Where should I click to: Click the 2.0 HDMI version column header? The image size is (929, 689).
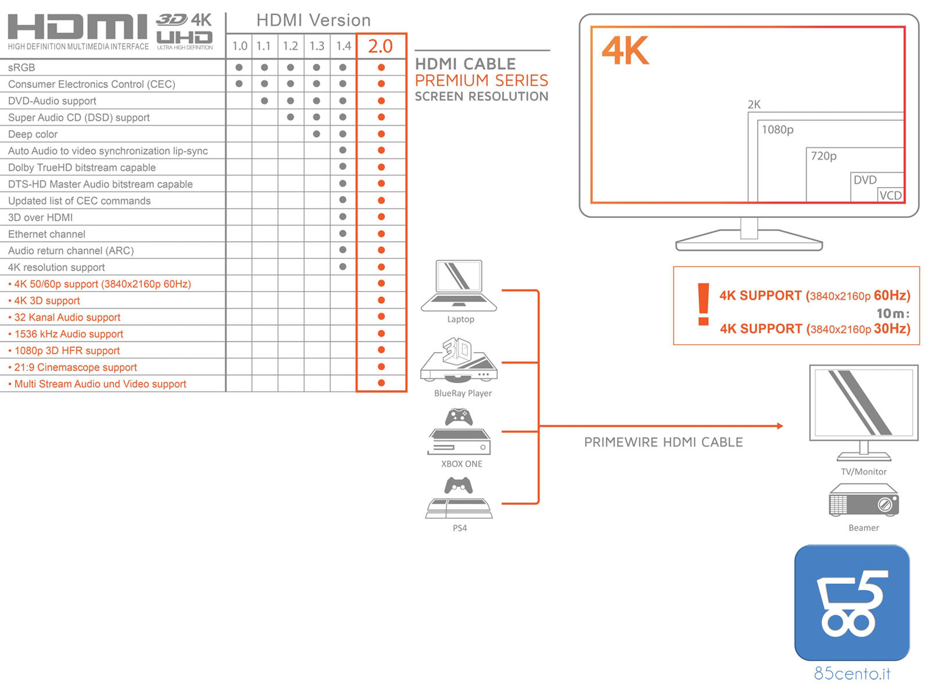[380, 46]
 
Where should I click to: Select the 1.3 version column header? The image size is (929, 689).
[316, 46]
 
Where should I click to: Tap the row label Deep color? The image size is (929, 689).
[33, 134]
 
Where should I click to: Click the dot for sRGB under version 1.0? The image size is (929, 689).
[239, 67]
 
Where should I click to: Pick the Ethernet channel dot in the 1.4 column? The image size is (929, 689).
[342, 234]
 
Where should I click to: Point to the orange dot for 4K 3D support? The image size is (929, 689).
[381, 300]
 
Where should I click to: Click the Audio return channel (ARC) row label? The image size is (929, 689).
[71, 250]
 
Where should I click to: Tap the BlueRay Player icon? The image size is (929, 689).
[459, 360]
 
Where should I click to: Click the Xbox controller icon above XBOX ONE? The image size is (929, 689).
[459, 417]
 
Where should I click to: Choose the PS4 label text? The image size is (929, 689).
[459, 527]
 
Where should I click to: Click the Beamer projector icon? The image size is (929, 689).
[863, 500]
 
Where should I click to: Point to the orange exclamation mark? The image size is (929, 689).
[703, 304]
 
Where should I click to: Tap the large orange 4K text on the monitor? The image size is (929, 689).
[625, 51]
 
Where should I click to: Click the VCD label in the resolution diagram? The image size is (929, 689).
[890, 195]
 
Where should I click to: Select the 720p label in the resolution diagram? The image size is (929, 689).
[823, 156]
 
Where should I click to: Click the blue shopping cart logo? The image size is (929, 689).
[852, 602]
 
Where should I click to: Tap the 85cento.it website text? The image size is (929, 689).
[852, 673]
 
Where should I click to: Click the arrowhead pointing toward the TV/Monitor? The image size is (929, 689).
[780, 426]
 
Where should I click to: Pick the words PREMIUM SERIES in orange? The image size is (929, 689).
[481, 80]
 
